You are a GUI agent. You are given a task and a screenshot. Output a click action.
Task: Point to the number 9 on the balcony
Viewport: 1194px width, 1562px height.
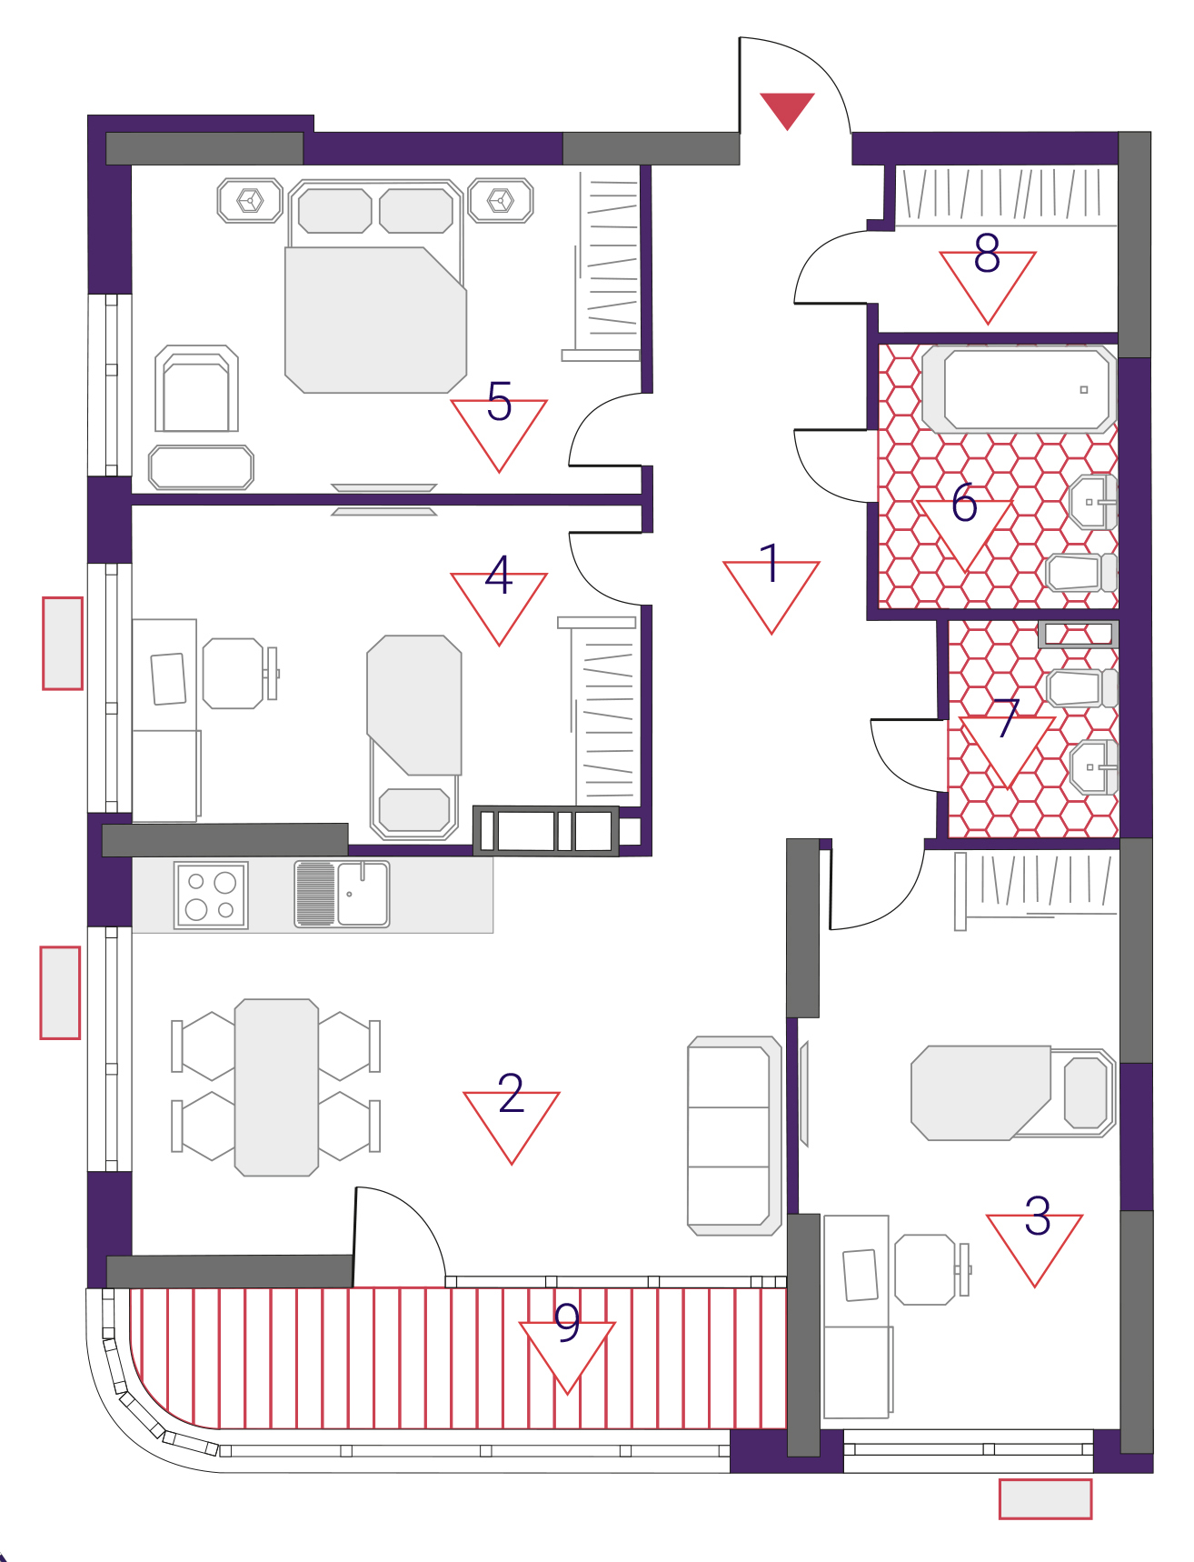pyautogui.click(x=567, y=1323)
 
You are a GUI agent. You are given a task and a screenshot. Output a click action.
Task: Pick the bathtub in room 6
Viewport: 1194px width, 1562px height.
pyautogui.click(x=1019, y=389)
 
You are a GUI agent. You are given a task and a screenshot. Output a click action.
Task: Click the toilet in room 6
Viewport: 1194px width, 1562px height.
pyautogui.click(x=1081, y=573)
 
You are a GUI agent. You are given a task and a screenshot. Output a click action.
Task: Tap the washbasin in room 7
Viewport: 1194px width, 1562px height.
pyautogui.click(x=1094, y=767)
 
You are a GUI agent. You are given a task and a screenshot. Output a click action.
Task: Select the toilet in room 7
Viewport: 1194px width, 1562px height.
pyautogui.click(x=1081, y=688)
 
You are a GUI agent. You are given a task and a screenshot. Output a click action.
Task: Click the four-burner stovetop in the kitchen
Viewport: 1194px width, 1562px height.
pyautogui.click(x=211, y=896)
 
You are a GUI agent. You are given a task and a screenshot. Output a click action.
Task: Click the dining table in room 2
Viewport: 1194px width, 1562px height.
pyautogui.click(x=276, y=1087)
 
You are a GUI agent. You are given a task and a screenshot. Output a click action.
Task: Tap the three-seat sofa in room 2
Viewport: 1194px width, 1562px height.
pyautogui.click(x=734, y=1136)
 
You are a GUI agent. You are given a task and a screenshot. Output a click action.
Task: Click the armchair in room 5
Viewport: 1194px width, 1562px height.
pyautogui.click(x=196, y=388)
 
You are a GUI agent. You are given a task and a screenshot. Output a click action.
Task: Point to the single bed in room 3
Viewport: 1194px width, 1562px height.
pyautogui.click(x=1013, y=1093)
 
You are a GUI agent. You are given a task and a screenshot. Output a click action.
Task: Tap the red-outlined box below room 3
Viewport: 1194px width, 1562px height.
pyautogui.click(x=1045, y=1499)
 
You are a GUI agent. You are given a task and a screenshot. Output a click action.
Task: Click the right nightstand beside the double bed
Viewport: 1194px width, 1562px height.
pyautogui.click(x=501, y=200)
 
